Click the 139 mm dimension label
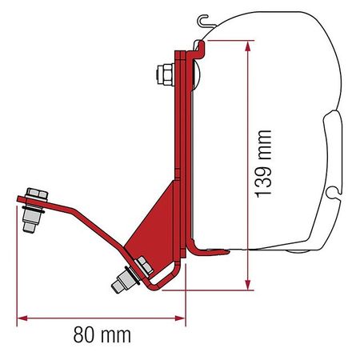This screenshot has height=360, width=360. click(x=262, y=164)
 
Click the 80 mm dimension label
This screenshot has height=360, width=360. click(x=102, y=335)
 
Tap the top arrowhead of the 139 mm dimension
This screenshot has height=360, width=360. click(x=248, y=46)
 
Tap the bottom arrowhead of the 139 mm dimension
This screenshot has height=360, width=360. click(x=248, y=285)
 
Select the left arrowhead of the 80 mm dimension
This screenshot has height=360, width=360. click(x=22, y=318)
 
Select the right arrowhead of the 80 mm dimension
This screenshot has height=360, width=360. click(x=180, y=318)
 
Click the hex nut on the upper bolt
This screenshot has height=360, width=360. click(x=165, y=74)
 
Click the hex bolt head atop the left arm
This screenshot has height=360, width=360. click(x=37, y=194)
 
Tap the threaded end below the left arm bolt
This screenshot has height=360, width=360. click(x=29, y=227)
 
